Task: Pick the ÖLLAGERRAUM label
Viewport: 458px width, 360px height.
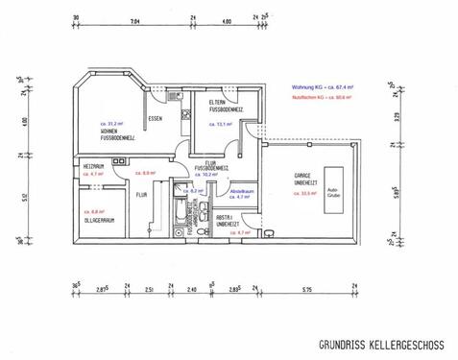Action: click(100, 220)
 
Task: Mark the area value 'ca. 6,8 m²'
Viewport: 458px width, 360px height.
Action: click(94, 211)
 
